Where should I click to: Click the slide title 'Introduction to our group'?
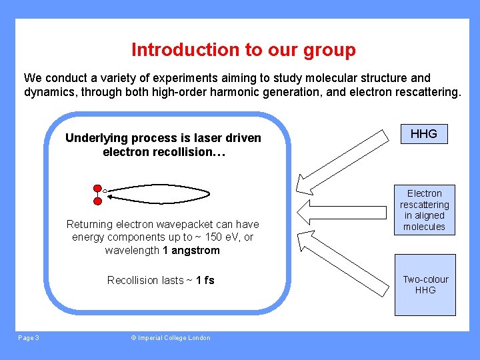(243, 50)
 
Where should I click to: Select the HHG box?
(423, 134)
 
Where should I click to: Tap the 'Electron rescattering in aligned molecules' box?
(424, 210)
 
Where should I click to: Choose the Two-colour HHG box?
(425, 285)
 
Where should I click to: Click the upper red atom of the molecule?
(97, 189)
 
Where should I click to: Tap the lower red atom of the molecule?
(97, 200)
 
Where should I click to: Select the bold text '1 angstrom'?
(191, 251)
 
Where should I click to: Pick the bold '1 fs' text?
(205, 280)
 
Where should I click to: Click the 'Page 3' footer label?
(29, 338)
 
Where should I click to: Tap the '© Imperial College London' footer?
(170, 338)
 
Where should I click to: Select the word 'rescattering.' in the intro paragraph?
(425, 93)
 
